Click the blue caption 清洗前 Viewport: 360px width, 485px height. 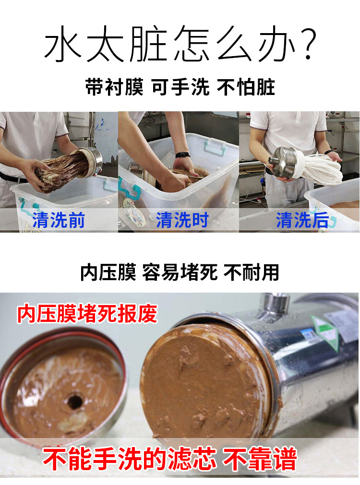(x=59, y=220)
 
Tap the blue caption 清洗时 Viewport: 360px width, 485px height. (x=182, y=220)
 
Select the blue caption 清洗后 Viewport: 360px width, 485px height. (x=302, y=220)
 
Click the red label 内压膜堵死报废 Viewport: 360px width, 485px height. (x=87, y=314)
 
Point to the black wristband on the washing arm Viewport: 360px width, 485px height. (x=182, y=154)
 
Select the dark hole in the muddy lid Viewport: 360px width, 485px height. (x=74, y=402)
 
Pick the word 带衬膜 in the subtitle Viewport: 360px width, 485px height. (x=114, y=87)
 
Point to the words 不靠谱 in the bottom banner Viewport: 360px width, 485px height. (x=259, y=459)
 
